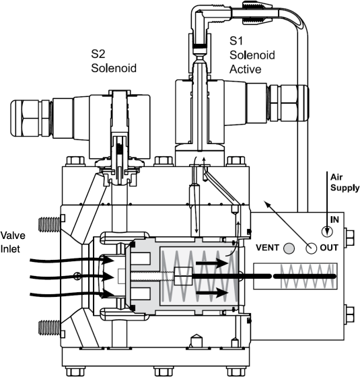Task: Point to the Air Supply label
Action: [x=340, y=182]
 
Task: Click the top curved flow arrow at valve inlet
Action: [x=67, y=258]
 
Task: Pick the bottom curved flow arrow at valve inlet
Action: [x=67, y=294]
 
